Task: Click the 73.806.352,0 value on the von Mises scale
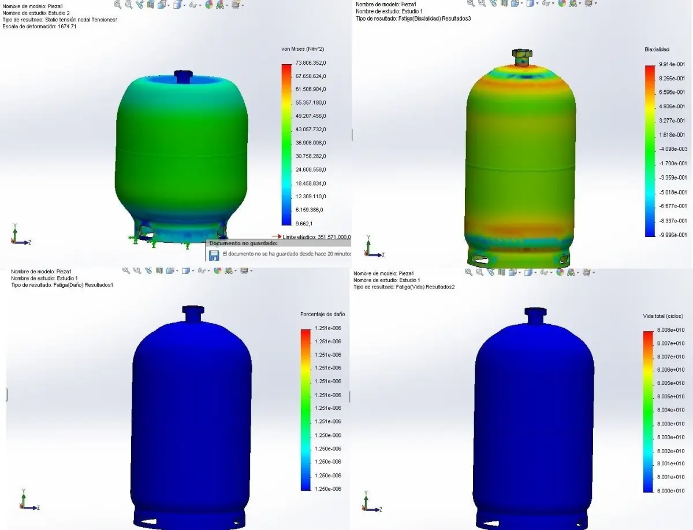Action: pyautogui.click(x=311, y=62)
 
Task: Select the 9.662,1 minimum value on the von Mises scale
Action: pyautogui.click(x=304, y=223)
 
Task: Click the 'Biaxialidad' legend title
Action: pyautogui.click(x=657, y=50)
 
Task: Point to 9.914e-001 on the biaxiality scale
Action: pyautogui.click(x=672, y=65)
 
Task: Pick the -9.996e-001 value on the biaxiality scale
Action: pyautogui.click(x=672, y=235)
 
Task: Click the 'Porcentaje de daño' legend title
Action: pyautogui.click(x=322, y=314)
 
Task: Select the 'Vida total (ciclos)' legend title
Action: pyautogui.click(x=662, y=316)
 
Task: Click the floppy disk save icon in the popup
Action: pyautogui.click(x=214, y=254)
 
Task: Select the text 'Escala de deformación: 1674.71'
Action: pyautogui.click(x=39, y=27)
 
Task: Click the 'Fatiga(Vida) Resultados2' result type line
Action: pyautogui.click(x=404, y=287)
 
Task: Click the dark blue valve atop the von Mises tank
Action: pyautogui.click(x=182, y=76)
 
